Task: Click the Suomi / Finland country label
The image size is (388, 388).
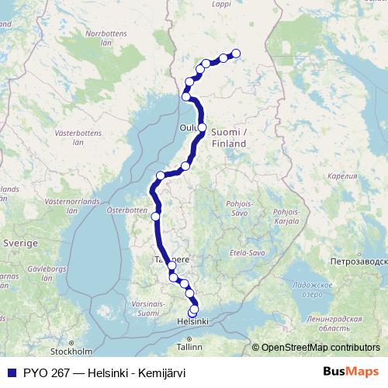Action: [x=229, y=137]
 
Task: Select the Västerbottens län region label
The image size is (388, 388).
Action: [x=78, y=137]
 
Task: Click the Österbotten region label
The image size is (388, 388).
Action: [x=126, y=210]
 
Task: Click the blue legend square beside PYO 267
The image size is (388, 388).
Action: [x=10, y=372]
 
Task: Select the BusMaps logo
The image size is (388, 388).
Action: [x=351, y=372]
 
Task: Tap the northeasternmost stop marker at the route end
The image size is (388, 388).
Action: [x=237, y=54]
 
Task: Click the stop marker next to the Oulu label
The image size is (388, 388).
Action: [x=202, y=127]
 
